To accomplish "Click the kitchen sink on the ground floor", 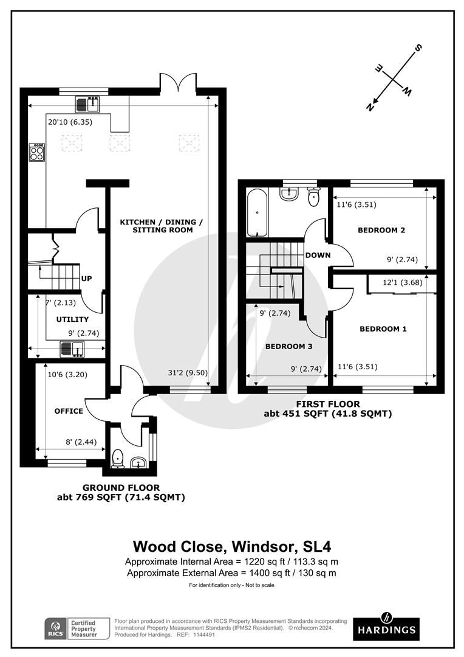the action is click(x=87, y=104).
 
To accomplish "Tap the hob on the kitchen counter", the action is click(x=37, y=153).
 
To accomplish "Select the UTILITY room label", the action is click(x=72, y=319).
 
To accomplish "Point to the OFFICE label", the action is click(x=69, y=411).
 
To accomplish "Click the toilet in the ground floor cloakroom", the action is click(x=118, y=459).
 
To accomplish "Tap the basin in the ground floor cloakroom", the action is click(x=138, y=462).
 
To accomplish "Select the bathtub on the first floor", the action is click(x=256, y=213).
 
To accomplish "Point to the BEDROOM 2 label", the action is click(x=381, y=230).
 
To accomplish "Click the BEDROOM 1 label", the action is click(x=383, y=329).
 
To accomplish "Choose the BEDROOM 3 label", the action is click(x=288, y=347).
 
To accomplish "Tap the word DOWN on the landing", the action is click(x=318, y=255).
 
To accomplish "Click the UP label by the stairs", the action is click(x=87, y=279).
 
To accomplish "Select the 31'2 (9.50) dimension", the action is click(x=188, y=372).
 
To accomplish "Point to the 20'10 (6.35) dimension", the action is click(x=70, y=122).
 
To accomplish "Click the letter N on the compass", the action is click(x=370, y=107).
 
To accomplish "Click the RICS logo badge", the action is click(x=56, y=629).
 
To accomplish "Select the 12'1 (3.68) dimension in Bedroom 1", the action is click(x=403, y=282).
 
